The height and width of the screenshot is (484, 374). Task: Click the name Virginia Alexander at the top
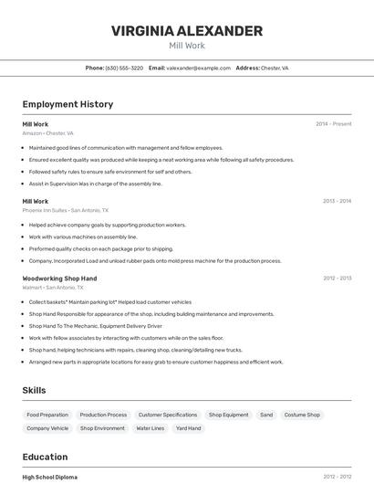tap(186, 31)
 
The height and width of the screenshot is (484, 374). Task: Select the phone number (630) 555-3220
tap(124, 68)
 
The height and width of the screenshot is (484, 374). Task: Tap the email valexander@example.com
tap(198, 68)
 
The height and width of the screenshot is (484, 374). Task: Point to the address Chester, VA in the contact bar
tap(275, 68)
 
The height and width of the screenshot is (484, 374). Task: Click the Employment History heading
tap(68, 104)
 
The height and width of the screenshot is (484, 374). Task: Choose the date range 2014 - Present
tap(333, 124)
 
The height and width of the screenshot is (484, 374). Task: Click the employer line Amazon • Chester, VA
tap(47, 133)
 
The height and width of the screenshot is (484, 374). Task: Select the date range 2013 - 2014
tap(337, 201)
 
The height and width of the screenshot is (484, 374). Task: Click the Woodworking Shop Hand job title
tap(59, 278)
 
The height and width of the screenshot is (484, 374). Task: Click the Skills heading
tap(34, 390)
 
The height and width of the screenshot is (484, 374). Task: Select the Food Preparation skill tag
tap(47, 415)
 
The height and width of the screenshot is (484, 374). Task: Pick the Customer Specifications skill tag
tap(167, 415)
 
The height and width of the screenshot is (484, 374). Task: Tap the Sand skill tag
tap(266, 415)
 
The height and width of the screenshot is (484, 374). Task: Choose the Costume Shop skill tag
tap(302, 415)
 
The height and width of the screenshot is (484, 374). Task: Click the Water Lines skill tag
tap(150, 427)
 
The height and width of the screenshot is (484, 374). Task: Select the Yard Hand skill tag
tap(189, 427)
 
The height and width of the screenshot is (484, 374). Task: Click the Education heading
tap(45, 457)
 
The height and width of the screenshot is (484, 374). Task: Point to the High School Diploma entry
tap(50, 477)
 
